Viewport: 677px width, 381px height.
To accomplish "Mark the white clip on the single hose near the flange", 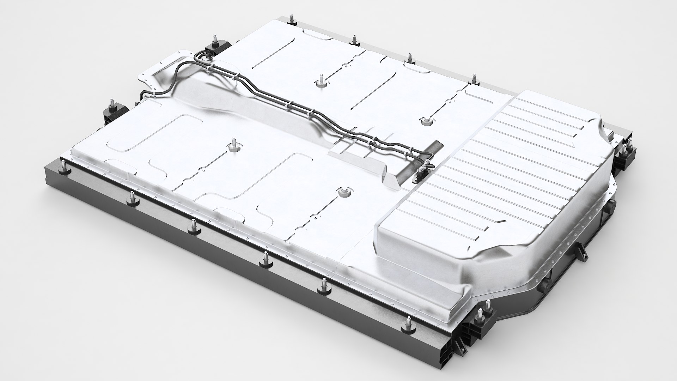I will [154, 94].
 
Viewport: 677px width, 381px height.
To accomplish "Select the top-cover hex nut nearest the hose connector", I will [425, 121].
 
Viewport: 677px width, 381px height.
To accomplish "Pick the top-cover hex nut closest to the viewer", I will [342, 192].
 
